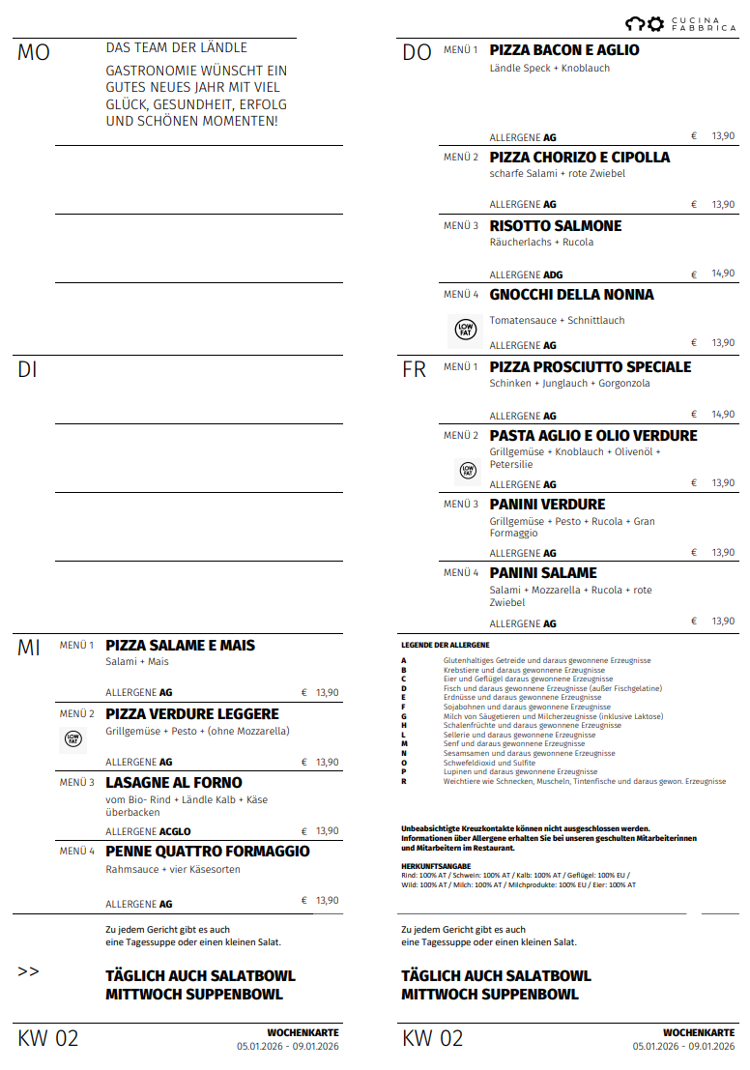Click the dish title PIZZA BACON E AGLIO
pyautogui.click(x=563, y=50)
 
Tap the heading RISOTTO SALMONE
pyautogui.click(x=555, y=226)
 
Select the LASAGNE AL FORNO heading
pyautogui.click(x=173, y=783)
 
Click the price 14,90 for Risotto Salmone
pyautogui.click(x=723, y=275)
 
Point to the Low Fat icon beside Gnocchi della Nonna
pyautogui.click(x=466, y=331)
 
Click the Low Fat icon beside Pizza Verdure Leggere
pyautogui.click(x=73, y=739)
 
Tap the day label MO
pyautogui.click(x=33, y=53)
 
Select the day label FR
pyautogui.click(x=414, y=370)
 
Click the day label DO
pyautogui.click(x=417, y=53)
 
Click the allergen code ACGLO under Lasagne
pyautogui.click(x=175, y=831)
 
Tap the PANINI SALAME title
pyautogui.click(x=542, y=573)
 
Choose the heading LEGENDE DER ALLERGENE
pyautogui.click(x=445, y=645)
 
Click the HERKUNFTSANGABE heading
pyautogui.click(x=436, y=866)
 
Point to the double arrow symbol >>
pyautogui.click(x=29, y=971)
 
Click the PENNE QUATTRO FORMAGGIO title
pyautogui.click(x=207, y=852)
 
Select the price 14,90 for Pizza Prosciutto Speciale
pyautogui.click(x=723, y=415)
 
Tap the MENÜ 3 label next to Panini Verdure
pyautogui.click(x=460, y=505)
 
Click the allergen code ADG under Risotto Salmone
pyautogui.click(x=553, y=275)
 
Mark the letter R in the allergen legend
pyautogui.click(x=404, y=781)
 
